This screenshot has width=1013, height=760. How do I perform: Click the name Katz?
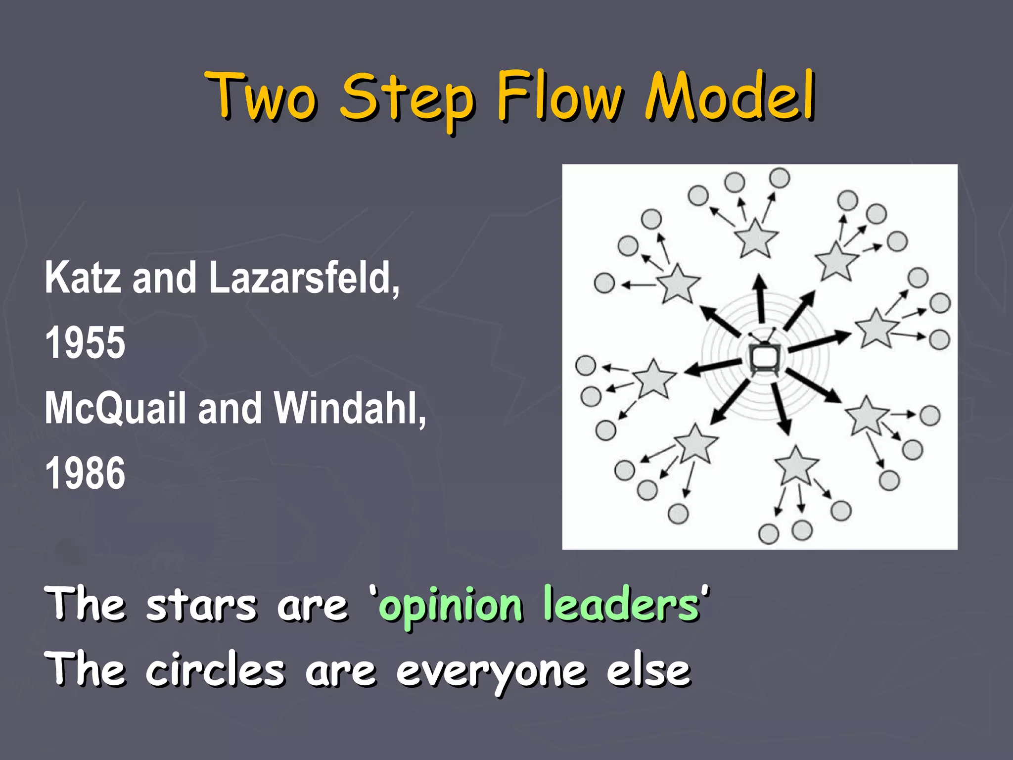pyautogui.click(x=83, y=278)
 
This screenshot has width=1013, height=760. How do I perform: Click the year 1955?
pyautogui.click(x=85, y=343)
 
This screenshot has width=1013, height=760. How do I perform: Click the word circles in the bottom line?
pyautogui.click(x=215, y=670)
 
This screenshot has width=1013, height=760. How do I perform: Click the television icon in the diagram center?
pyautogui.click(x=765, y=358)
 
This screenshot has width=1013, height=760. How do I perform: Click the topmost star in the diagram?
pyautogui.click(x=756, y=238)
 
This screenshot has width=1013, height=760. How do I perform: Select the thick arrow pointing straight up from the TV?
pyautogui.click(x=760, y=299)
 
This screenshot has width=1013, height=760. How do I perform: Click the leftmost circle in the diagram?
pyautogui.click(x=586, y=365)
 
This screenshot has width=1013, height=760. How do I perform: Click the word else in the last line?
pyautogui.click(x=648, y=670)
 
